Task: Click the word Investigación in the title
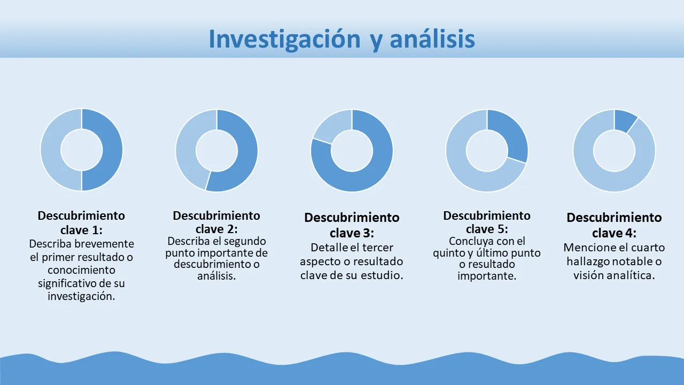[285, 40]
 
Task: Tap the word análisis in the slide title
[432, 38]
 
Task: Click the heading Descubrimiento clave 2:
[216, 222]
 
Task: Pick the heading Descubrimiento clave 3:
[352, 225]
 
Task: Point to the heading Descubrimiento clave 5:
[487, 222]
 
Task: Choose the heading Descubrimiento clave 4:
[614, 225]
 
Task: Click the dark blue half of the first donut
[112, 150]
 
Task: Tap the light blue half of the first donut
[51, 150]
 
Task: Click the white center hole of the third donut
[352, 151]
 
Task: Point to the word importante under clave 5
[487, 276]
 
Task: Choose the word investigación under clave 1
[81, 296]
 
